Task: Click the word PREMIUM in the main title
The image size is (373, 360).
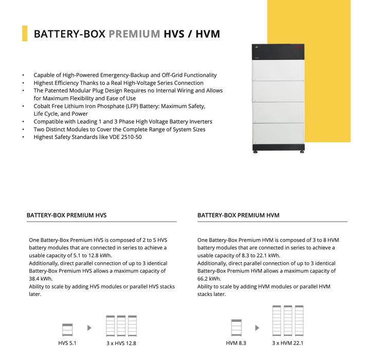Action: (x=134, y=34)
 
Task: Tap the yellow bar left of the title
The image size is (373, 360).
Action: (x=25, y=33)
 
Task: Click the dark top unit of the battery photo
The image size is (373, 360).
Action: (x=279, y=52)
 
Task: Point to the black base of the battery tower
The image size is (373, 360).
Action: (x=279, y=148)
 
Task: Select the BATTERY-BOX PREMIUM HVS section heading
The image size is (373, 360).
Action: (x=67, y=215)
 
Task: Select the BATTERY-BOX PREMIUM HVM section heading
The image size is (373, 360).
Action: (x=238, y=215)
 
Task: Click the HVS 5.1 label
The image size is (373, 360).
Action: (x=67, y=343)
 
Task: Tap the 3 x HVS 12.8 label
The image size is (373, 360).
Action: (x=121, y=343)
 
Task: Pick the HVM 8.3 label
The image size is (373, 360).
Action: (x=236, y=343)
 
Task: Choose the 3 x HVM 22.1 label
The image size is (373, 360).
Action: (x=288, y=343)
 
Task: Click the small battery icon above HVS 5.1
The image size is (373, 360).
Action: (x=67, y=329)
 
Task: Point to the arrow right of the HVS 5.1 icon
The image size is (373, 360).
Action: (x=89, y=328)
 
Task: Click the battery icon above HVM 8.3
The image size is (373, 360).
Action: (x=236, y=328)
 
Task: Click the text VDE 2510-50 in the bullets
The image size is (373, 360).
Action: (x=124, y=137)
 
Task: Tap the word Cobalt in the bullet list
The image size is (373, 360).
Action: (x=44, y=106)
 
